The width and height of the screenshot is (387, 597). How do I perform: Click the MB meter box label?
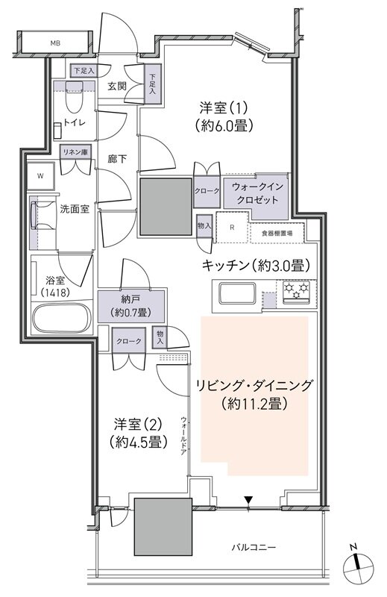coord(54,44)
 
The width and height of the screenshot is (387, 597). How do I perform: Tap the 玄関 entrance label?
coord(116,85)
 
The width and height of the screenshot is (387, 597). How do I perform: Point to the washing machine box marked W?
coord(40,176)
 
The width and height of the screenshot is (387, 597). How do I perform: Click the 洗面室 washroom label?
coord(75,208)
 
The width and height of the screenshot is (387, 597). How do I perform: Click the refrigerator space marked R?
coord(233,228)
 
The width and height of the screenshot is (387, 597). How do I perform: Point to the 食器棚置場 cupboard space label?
coord(277,234)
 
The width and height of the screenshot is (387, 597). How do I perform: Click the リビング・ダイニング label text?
coord(254,386)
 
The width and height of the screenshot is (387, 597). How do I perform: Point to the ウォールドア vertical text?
coord(183,436)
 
